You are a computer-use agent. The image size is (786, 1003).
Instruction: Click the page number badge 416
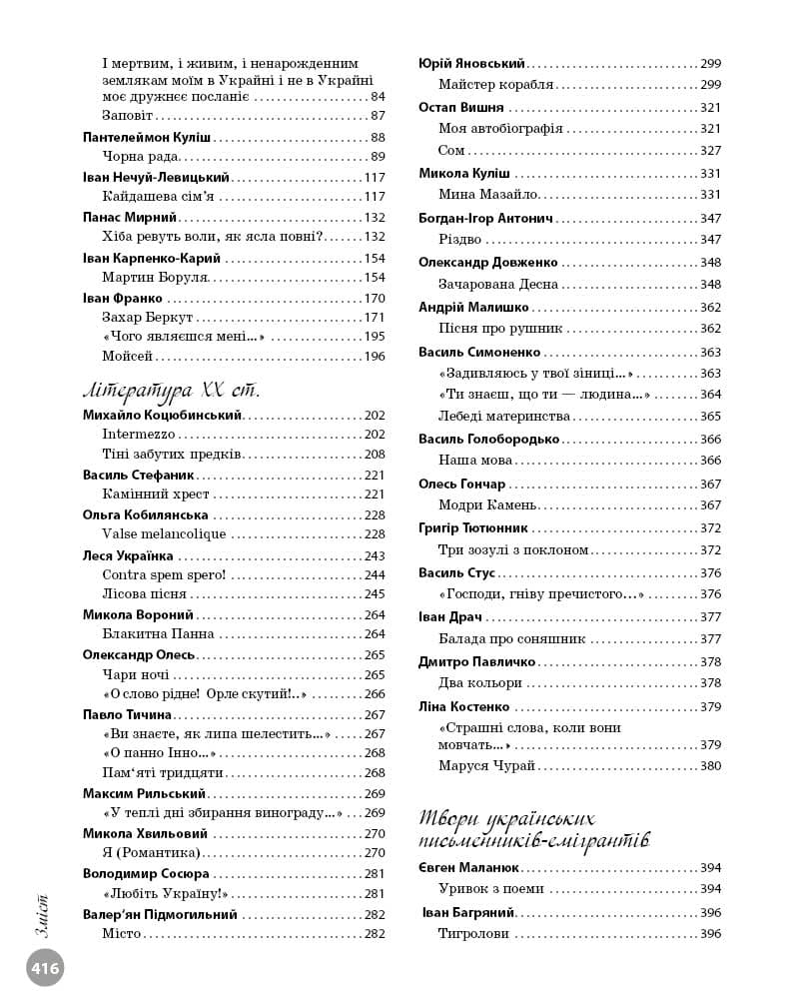(x=45, y=967)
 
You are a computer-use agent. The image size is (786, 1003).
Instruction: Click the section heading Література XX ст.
(x=169, y=388)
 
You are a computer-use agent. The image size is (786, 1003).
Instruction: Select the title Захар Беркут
(x=148, y=317)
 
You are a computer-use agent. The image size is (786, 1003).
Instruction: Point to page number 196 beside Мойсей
(x=375, y=356)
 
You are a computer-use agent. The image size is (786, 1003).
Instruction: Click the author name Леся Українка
(x=128, y=555)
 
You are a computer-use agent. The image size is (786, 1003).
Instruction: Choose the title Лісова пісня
(x=144, y=594)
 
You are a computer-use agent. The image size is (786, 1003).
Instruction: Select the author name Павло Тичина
(x=127, y=714)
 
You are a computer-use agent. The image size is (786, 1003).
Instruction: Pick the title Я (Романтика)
(x=151, y=852)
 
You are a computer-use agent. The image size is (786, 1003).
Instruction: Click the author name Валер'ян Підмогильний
(x=160, y=914)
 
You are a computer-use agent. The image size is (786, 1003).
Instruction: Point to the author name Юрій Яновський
(x=471, y=63)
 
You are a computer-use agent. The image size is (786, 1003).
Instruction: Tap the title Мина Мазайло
(x=489, y=194)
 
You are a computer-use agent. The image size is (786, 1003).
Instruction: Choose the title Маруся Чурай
(x=486, y=765)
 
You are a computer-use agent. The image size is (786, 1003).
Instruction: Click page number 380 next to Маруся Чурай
(x=710, y=766)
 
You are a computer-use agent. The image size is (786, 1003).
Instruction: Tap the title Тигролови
(x=473, y=934)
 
